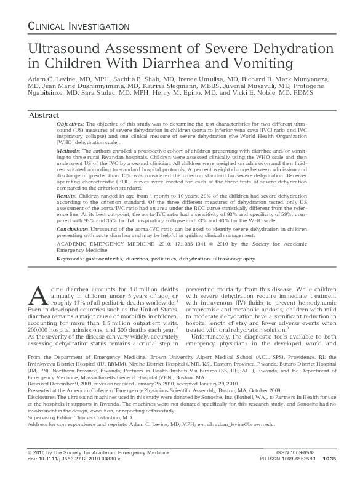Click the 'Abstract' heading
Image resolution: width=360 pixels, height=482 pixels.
tap(45, 115)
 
